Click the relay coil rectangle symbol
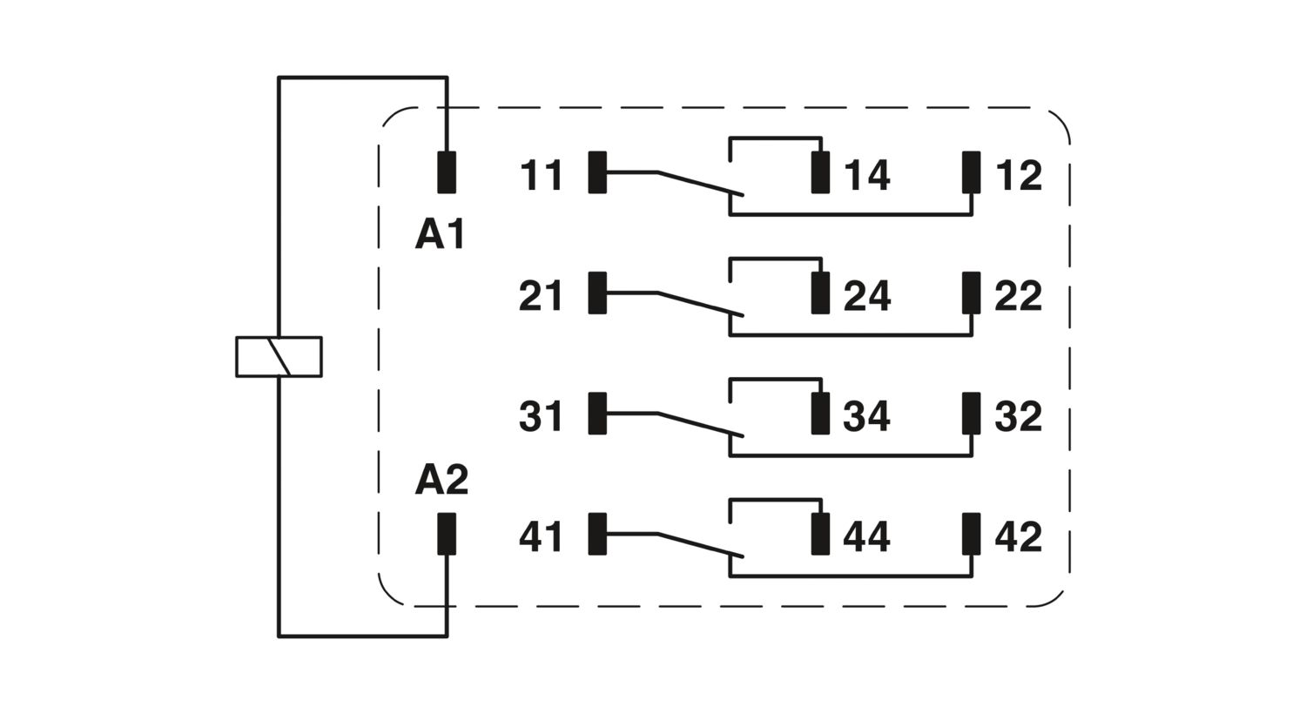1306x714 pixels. click(279, 357)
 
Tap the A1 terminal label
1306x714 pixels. click(441, 235)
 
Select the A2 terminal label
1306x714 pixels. click(441, 480)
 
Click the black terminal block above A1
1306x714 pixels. click(447, 172)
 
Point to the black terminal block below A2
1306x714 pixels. click(447, 534)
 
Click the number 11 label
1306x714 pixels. click(541, 175)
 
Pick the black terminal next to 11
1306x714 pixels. click(597, 172)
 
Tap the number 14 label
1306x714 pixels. click(867, 175)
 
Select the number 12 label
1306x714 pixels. click(1018, 175)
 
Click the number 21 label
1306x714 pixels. click(541, 296)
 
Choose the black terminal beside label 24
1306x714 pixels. click(820, 293)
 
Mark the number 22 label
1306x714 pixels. click(1018, 296)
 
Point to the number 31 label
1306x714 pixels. click(541, 416)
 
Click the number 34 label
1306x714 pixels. click(866, 416)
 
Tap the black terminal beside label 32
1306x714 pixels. click(971, 414)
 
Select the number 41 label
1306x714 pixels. click(541, 536)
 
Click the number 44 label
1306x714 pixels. click(866, 536)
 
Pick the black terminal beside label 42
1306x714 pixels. click(971, 534)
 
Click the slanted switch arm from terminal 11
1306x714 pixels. click(699, 183)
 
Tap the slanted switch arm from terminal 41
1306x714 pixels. click(699, 544)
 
